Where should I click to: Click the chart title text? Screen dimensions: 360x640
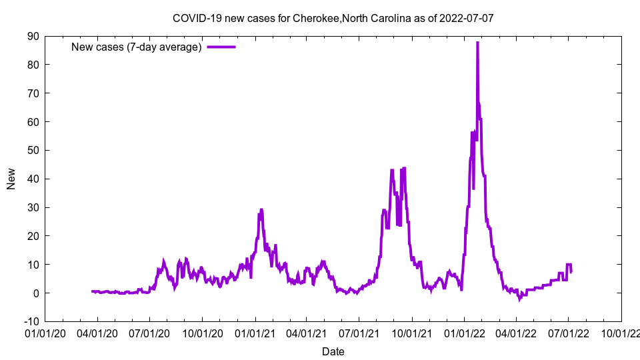coord(333,18)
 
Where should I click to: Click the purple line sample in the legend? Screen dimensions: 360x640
coord(221,47)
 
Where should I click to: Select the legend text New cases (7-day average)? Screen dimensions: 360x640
coord(137,47)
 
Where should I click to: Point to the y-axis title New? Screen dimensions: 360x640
coord(11,179)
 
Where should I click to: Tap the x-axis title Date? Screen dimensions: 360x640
coord(333,351)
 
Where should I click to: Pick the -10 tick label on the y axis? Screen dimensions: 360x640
coord(30,322)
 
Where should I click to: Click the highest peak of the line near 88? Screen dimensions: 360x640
coord(477,43)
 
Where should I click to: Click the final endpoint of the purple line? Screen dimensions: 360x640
coord(571,271)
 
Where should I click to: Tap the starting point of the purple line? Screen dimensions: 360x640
coord(92,291)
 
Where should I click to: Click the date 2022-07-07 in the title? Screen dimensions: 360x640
coord(466,18)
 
